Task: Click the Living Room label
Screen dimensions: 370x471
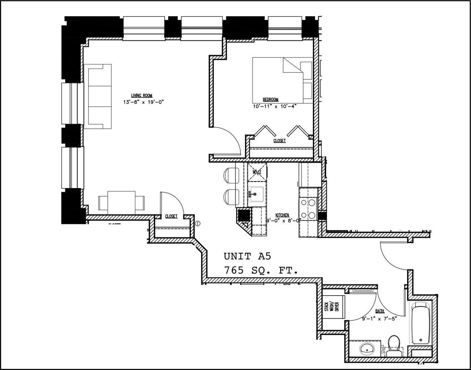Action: pos(142,96)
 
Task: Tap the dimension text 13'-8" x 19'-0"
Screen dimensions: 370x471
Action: pos(142,103)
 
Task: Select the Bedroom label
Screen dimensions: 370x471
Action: pos(271,99)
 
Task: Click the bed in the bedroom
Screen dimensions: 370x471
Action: pos(282,80)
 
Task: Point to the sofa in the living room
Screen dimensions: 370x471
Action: pos(98,96)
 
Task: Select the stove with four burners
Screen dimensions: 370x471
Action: pos(308,209)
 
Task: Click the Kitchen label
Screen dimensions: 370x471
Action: pos(282,215)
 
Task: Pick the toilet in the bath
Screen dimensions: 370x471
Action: pos(394,344)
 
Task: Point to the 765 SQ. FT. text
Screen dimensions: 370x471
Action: pos(261,271)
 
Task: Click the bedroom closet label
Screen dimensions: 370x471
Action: pos(279,141)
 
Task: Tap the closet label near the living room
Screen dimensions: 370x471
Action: pos(171,217)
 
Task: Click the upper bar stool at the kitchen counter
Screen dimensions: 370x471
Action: pos(230,175)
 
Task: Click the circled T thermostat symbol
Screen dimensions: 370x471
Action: pos(198,223)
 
